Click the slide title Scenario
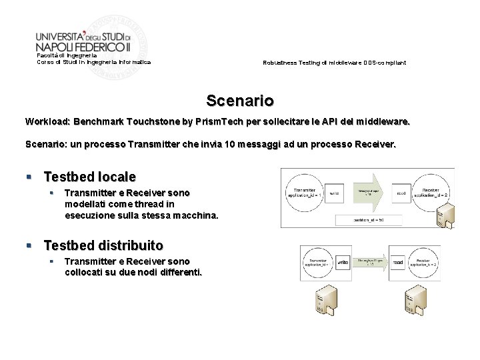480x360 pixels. [x=240, y=101]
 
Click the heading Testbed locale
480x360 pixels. [x=89, y=177]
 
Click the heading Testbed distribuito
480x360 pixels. [x=103, y=245]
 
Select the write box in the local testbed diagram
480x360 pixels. [x=335, y=193]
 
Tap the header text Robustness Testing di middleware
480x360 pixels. [x=334, y=63]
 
